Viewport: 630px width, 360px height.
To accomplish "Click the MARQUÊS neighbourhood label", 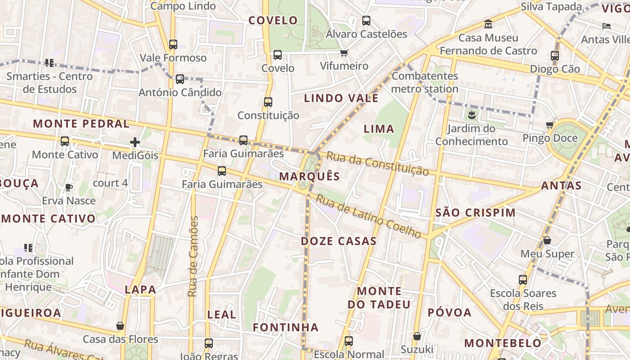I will [310, 176].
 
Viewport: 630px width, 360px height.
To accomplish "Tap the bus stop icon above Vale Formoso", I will [173, 45].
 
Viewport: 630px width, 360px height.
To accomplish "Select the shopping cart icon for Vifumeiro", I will [344, 53].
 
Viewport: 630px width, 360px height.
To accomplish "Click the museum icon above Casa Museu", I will [488, 24].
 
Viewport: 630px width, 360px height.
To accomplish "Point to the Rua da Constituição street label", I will [377, 163].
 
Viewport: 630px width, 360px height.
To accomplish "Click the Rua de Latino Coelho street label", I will [368, 216].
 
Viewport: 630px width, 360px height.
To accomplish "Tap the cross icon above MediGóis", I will [135, 143].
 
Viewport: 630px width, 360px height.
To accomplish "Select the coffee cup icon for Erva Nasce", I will [68, 187].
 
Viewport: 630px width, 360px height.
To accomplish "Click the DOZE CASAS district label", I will [338, 241].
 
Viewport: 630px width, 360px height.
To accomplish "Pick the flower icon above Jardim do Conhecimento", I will [472, 115].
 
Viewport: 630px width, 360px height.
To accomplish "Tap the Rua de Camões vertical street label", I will [193, 256].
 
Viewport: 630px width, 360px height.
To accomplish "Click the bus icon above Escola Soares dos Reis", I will [523, 280].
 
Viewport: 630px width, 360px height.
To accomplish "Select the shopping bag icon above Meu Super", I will [547, 240].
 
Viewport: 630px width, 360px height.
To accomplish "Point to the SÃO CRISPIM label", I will [476, 213].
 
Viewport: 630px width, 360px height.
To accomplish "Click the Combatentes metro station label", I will [424, 82].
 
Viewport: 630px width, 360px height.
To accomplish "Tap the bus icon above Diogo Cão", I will [555, 56].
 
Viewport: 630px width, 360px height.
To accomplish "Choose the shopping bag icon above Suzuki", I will [417, 336].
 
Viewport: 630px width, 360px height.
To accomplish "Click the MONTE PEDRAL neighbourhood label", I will [81, 124].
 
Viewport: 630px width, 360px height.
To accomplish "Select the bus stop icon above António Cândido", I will [180, 79].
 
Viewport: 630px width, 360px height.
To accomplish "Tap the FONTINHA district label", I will [285, 328].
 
